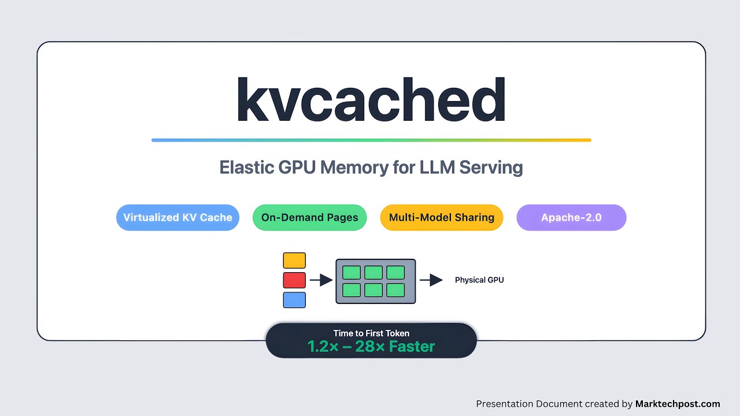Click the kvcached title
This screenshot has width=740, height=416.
[371, 99]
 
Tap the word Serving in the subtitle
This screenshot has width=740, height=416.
[491, 168]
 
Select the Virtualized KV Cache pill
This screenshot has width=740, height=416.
[177, 218]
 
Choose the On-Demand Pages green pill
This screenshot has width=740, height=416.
[309, 218]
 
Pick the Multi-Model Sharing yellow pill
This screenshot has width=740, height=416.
[441, 218]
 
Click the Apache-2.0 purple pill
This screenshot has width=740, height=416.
[571, 218]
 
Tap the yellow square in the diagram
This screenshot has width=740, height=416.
[294, 261]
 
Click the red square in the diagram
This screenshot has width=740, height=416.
[294, 280]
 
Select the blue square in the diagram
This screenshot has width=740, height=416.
[294, 300]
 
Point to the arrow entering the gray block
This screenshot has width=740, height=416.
[321, 280]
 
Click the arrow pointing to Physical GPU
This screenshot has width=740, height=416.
[431, 280]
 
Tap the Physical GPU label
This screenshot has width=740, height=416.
[479, 280]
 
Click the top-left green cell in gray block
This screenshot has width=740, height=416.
[351, 272]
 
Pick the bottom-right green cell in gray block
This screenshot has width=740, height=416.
[395, 290]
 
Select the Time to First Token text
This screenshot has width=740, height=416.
[371, 333]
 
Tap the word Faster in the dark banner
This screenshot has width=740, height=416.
[412, 347]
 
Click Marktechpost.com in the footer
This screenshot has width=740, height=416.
[678, 404]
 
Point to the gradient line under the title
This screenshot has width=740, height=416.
[371, 140]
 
